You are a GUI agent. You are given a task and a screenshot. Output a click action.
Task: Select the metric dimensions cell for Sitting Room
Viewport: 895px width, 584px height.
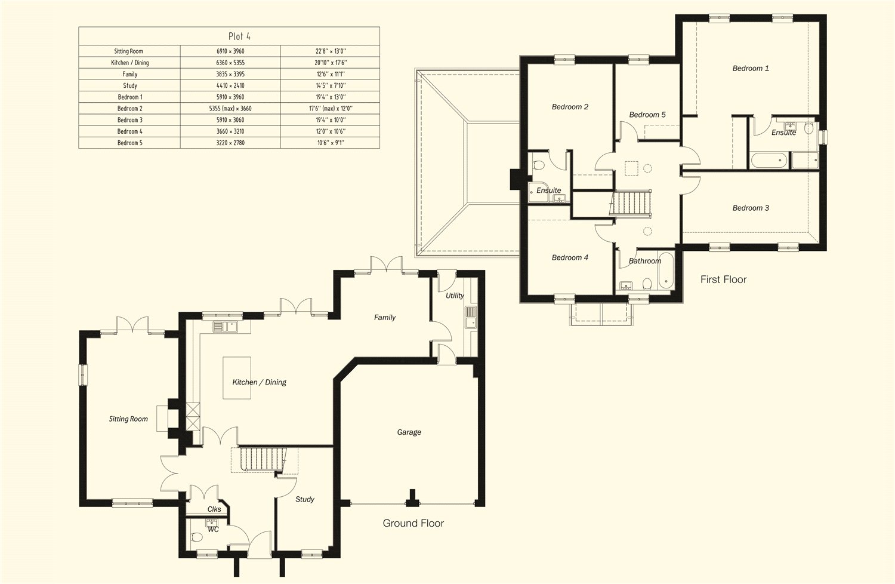230,51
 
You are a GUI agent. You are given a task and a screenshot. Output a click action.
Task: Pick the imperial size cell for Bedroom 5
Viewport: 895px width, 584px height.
330,143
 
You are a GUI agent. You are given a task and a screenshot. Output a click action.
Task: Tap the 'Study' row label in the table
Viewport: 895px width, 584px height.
129,85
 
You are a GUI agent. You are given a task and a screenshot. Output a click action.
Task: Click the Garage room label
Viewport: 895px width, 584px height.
409,432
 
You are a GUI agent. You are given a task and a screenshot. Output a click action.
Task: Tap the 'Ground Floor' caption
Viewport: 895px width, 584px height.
413,523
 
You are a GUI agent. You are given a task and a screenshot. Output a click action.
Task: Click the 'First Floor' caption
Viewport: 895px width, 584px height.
723,279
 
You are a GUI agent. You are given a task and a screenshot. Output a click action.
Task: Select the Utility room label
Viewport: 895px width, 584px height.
454,296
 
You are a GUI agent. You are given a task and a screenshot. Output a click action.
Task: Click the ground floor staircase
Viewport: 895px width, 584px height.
263,459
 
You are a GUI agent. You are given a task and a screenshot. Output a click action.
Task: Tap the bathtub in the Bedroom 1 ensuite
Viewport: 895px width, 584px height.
770,160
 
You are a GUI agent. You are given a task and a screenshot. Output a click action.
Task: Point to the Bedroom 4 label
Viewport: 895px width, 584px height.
570,257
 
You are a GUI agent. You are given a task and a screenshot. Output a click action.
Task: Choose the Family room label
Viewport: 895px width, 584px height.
384,318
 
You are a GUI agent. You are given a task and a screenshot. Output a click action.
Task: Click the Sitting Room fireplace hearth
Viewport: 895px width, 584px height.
162,418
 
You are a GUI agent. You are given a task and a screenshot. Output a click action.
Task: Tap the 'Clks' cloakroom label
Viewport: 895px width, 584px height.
214,509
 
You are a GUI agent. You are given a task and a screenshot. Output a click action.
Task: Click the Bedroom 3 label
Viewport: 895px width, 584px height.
751,208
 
